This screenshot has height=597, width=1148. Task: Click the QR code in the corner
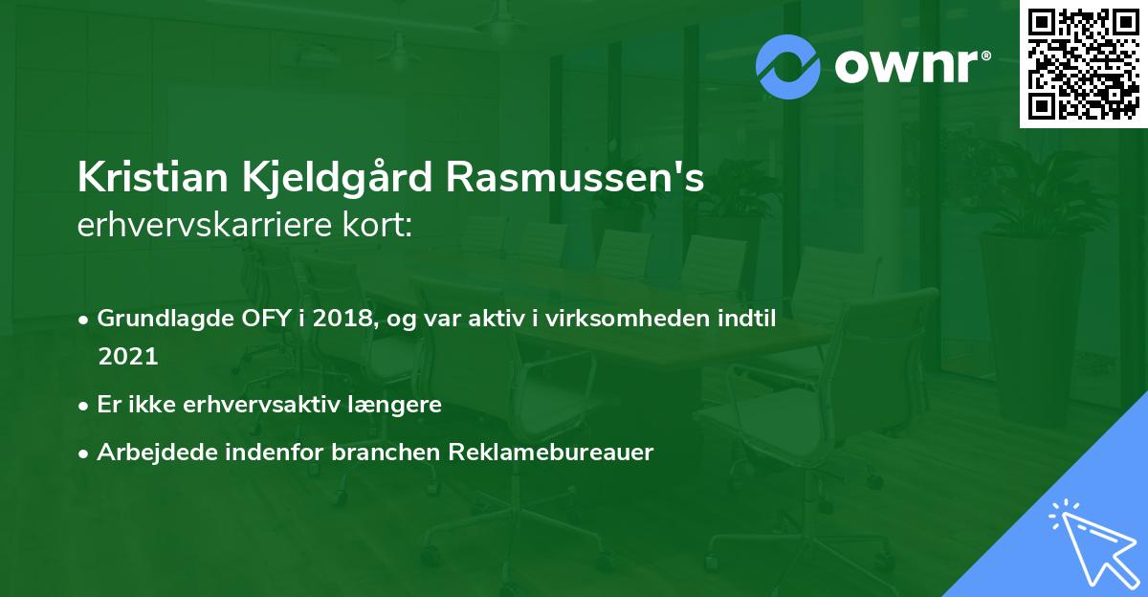click(1084, 64)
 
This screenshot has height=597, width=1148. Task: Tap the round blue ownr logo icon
click(787, 66)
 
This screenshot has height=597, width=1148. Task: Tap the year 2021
click(127, 356)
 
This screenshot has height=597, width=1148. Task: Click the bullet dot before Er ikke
click(85, 406)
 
